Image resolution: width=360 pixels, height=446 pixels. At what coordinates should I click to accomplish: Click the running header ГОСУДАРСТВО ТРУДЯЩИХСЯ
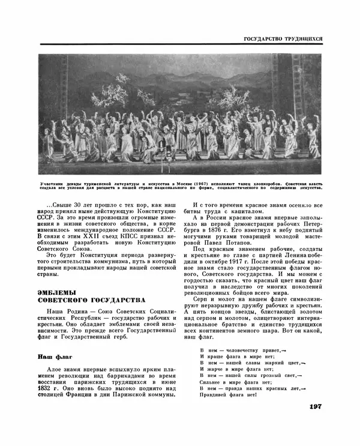[283, 39]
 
